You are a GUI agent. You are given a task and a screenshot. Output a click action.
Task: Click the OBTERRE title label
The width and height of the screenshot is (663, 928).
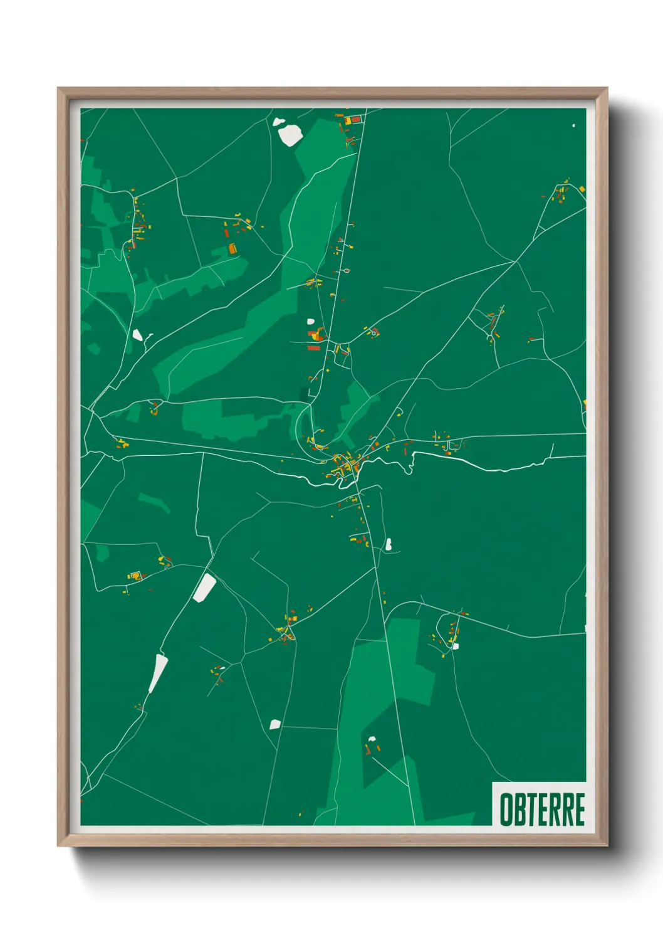(542, 809)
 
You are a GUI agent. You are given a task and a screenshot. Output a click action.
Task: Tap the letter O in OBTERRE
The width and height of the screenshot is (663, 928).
(506, 809)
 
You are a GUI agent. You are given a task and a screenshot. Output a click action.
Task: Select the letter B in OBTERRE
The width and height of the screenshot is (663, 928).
(519, 809)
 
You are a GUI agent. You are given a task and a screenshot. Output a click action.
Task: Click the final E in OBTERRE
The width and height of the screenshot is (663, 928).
(580, 809)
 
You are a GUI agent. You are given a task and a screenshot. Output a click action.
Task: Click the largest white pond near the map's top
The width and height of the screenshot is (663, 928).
(291, 135)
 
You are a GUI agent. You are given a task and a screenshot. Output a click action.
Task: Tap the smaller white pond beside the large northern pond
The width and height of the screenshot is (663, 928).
(278, 122)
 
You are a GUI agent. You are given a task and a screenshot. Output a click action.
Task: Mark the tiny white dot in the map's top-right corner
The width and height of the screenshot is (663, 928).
(573, 125)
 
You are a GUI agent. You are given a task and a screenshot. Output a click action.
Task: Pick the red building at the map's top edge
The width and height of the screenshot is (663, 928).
(356, 119)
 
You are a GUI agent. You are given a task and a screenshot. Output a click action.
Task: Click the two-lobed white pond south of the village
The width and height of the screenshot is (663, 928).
(389, 544)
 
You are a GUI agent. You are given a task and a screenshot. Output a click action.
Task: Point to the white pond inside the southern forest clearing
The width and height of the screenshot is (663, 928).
(372, 739)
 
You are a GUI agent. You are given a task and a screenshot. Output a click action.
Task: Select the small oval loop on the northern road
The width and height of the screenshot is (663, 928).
(346, 271)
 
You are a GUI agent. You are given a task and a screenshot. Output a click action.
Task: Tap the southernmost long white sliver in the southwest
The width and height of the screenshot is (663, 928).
(158, 673)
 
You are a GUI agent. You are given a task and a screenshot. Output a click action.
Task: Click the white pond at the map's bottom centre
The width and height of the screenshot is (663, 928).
(274, 724)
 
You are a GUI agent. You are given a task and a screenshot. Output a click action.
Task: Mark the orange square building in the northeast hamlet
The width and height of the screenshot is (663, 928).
(582, 188)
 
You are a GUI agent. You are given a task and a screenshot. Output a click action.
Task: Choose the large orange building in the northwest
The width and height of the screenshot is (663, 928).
(232, 248)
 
